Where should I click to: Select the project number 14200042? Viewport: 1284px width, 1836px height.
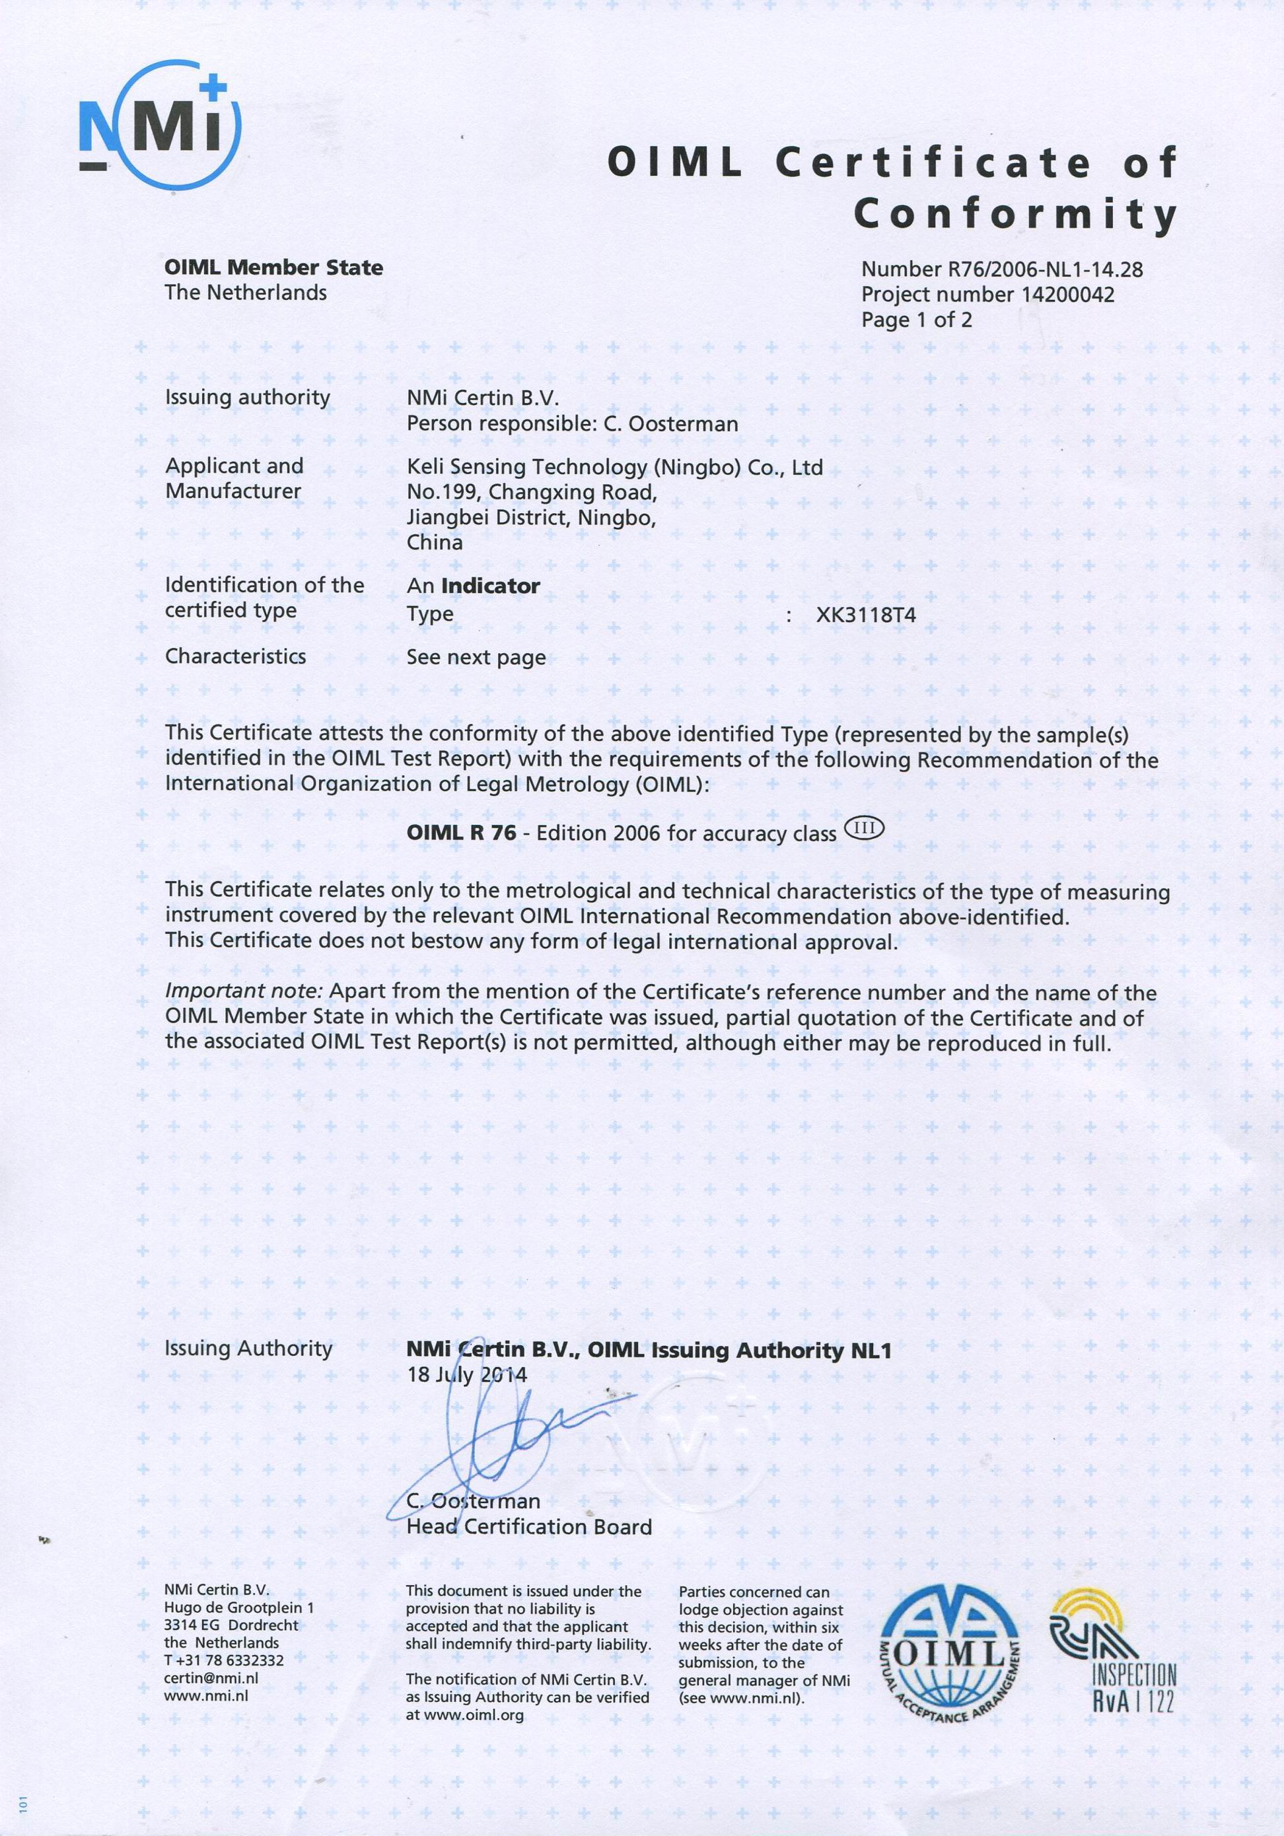(1067, 295)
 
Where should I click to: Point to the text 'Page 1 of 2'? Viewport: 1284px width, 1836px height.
(916, 321)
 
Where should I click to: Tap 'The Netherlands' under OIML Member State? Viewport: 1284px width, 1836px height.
(246, 293)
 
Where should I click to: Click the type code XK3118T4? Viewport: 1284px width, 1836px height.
(865, 616)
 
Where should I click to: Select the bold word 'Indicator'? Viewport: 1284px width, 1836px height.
(490, 586)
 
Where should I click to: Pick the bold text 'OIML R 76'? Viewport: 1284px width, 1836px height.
(460, 832)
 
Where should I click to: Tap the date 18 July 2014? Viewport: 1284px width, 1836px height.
(467, 1376)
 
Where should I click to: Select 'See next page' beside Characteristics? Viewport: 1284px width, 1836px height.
(476, 657)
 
